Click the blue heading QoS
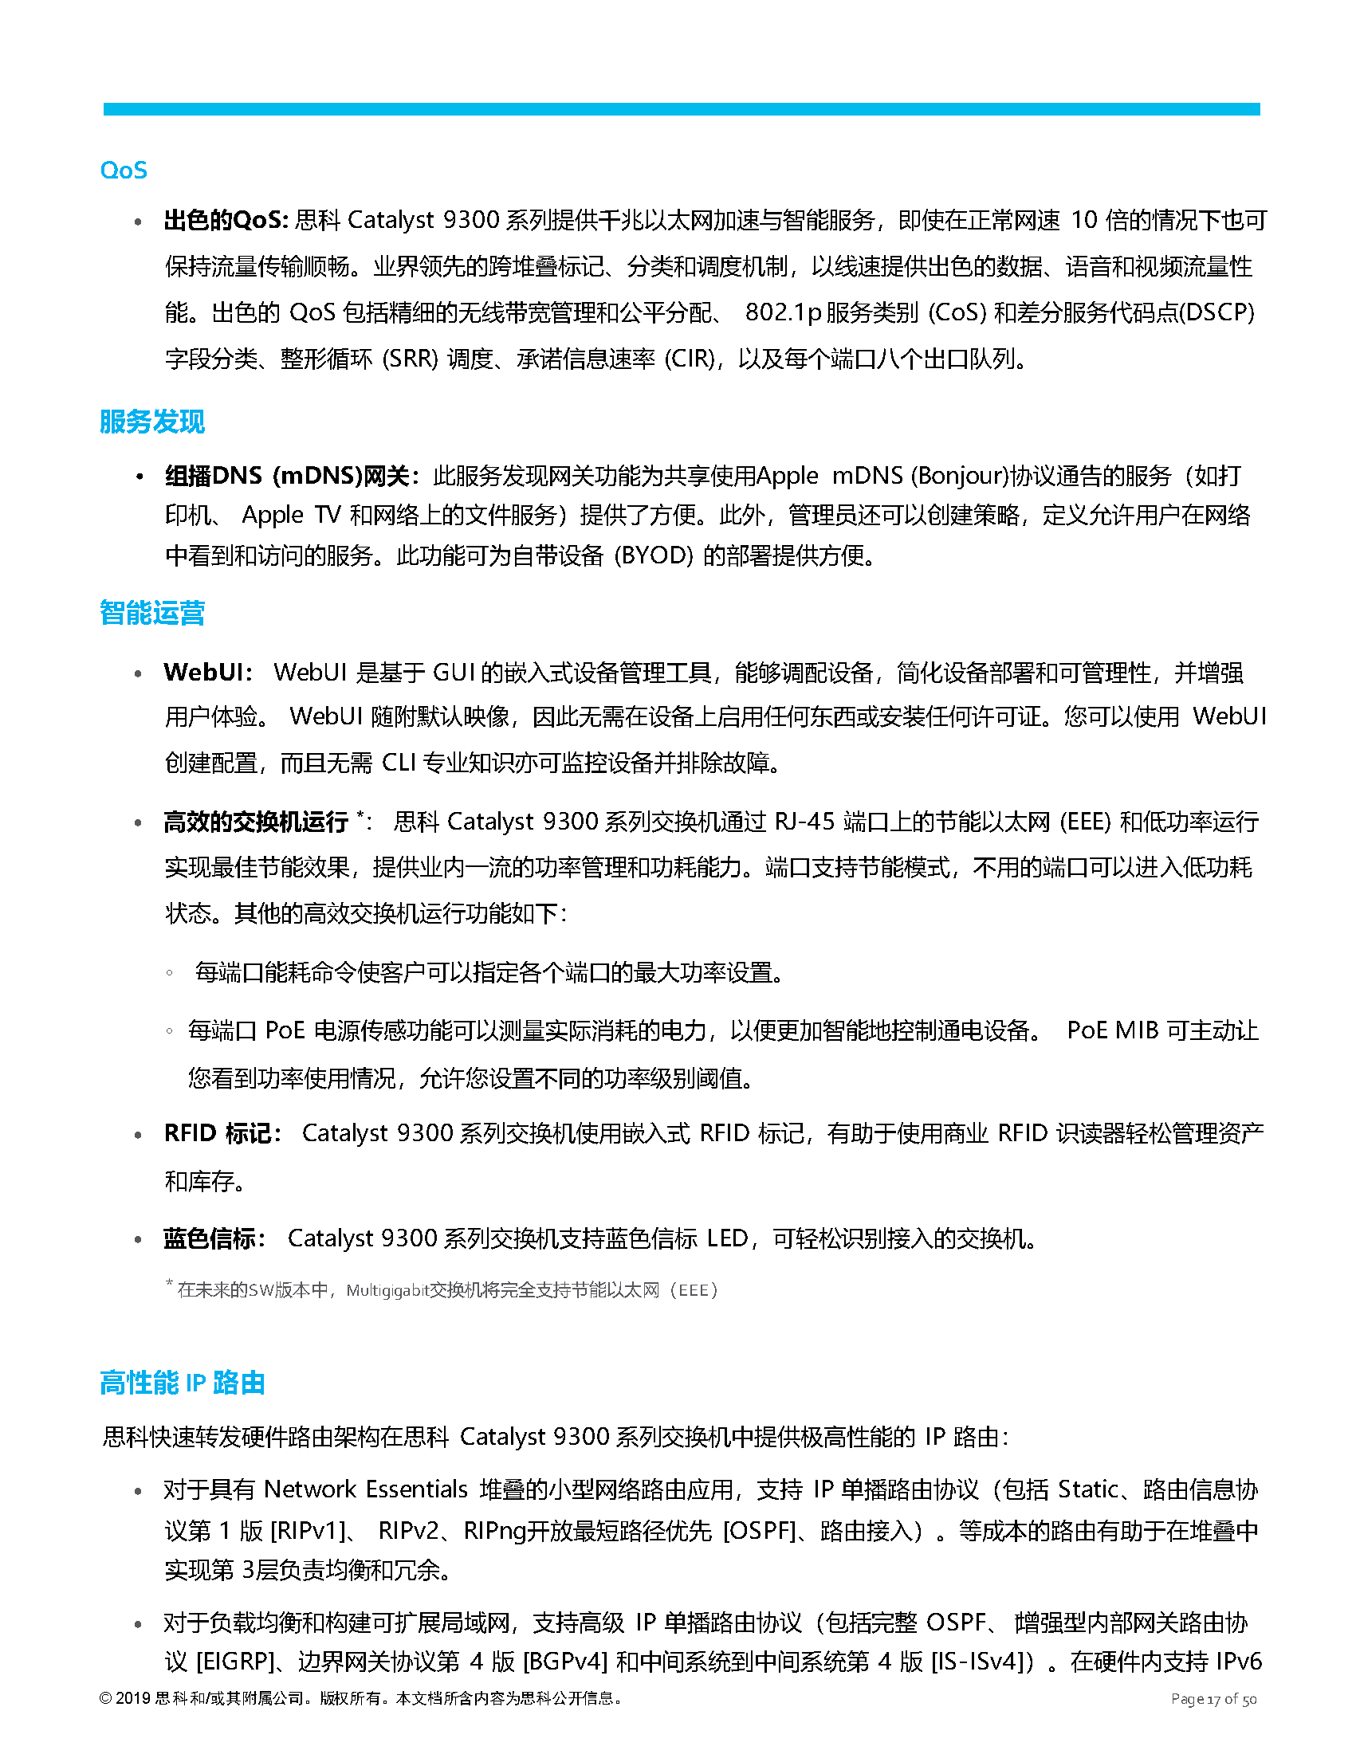[124, 171]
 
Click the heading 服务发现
[151, 422]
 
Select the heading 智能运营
[151, 613]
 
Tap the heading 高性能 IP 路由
[183, 1383]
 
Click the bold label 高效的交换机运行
[255, 822]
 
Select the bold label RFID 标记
[220, 1133]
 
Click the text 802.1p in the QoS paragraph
[783, 312]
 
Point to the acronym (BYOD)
[653, 555]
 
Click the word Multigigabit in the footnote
[387, 1291]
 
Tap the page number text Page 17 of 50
[1213, 1699]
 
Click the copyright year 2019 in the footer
[133, 1698]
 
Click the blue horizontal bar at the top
[682, 109]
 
